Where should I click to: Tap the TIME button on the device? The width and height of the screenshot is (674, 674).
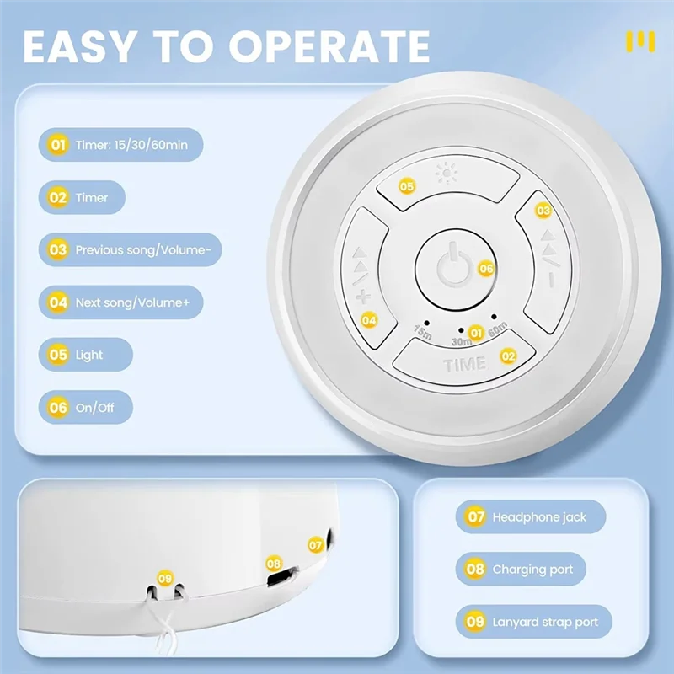pos(464,364)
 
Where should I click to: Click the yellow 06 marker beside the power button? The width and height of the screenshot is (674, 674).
pos(486,268)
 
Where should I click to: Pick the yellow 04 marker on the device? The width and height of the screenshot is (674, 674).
pos(368,319)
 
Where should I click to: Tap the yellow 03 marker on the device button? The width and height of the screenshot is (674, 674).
pos(543,211)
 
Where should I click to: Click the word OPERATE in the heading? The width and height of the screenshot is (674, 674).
pos(329,46)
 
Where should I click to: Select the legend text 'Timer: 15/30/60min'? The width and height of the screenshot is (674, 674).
pos(131,145)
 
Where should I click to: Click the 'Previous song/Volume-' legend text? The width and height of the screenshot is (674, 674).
pos(148,250)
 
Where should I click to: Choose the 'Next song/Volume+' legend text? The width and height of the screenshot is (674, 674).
pos(137,302)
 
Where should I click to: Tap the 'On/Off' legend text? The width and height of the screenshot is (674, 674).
pos(94,408)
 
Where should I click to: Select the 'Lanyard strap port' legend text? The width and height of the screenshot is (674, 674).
pos(545,623)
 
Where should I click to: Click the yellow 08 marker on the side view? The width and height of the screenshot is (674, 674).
pos(273,564)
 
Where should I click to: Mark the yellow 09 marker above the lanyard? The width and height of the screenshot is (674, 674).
pos(165,578)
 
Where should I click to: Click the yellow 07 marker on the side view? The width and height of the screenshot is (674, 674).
pos(315,545)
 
